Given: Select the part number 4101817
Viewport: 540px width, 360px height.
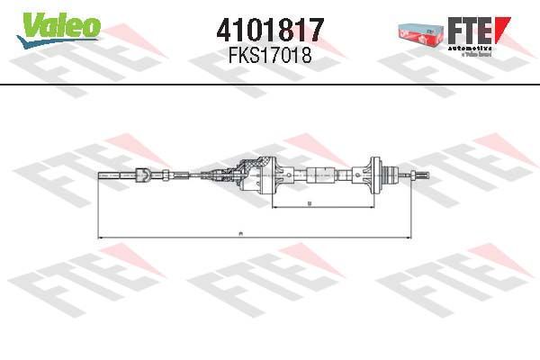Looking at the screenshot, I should tap(269, 30).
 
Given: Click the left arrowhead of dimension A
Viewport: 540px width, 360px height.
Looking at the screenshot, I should tap(100, 236).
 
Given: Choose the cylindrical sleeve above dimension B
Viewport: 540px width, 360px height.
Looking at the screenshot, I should tap(319, 175).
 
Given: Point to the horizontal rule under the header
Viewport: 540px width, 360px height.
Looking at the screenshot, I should tap(270, 84).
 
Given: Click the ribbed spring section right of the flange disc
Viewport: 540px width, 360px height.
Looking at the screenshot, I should tap(389, 175).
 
